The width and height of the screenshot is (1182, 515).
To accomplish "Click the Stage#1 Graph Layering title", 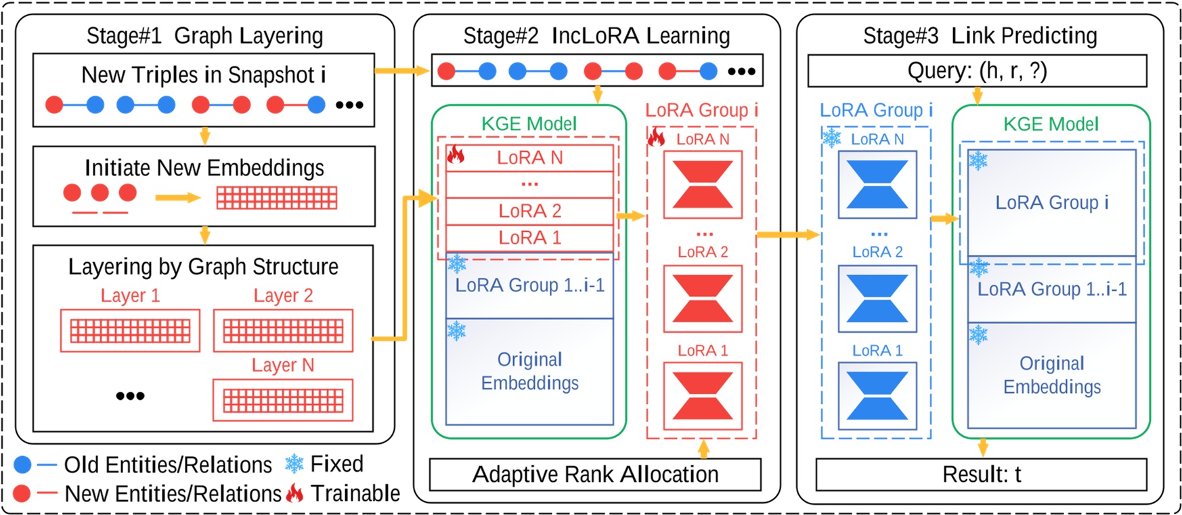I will tap(204, 35).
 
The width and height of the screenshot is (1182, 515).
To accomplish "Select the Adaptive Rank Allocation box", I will tap(595, 474).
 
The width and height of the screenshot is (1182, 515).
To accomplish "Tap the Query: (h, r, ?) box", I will tap(977, 70).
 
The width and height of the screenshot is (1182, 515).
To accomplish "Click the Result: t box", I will tap(981, 474).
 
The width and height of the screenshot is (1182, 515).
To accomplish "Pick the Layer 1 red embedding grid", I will tap(130, 331).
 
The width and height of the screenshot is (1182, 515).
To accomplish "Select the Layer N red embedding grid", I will tap(283, 400).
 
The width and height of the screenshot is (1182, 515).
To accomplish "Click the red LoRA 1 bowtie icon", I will tap(703, 396).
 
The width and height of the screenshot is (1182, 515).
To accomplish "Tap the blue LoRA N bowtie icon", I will tap(877, 184).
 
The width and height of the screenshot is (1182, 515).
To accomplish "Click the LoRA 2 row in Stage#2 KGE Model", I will tap(529, 211).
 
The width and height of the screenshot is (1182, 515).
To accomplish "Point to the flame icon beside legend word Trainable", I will tap(294, 493).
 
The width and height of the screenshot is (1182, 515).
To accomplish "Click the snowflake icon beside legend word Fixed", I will tap(294, 464).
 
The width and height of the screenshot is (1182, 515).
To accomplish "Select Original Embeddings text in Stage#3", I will tap(1051, 375).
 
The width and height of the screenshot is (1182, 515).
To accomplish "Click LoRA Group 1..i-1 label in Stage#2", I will tap(529, 285).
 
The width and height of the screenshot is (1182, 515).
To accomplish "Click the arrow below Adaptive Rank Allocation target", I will tap(703, 448).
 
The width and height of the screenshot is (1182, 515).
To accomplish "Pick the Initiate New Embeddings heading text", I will tap(204, 167).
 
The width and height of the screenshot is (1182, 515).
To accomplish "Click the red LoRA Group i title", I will tap(701, 110).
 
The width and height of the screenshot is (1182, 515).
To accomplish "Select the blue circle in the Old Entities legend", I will tap(22, 465).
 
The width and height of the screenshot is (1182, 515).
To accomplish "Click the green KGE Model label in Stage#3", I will tap(1051, 124).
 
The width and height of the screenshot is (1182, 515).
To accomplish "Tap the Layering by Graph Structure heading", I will tap(203, 266).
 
